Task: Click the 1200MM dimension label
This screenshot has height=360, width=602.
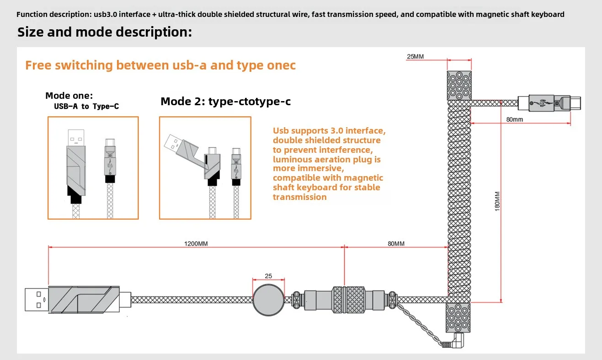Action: tap(196, 244)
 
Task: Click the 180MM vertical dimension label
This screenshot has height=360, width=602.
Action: tap(498, 201)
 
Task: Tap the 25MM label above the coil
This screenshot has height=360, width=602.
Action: tap(415, 57)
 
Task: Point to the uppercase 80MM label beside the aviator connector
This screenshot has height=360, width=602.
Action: tap(396, 244)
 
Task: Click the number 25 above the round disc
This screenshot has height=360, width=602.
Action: tap(268, 276)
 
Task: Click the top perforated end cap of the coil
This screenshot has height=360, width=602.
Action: tap(458, 85)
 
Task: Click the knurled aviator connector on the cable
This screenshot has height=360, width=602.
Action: tap(346, 300)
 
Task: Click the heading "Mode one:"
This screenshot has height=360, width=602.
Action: tap(69, 96)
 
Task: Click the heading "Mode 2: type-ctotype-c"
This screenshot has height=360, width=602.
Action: tap(225, 101)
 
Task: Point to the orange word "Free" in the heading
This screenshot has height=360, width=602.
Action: tap(38, 65)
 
